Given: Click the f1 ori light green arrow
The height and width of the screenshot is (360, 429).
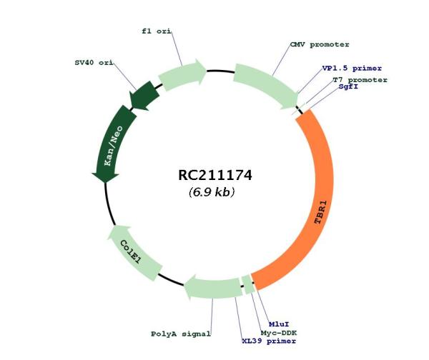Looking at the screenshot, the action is pyautogui.click(x=182, y=74).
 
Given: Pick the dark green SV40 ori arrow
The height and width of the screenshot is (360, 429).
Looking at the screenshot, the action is pyautogui.click(x=144, y=96).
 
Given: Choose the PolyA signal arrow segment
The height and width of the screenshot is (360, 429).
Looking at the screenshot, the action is pyautogui.click(x=213, y=287).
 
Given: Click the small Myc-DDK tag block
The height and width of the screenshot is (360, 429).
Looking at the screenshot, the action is pyautogui.click(x=248, y=284).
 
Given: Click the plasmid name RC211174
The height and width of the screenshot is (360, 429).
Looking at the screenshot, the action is pyautogui.click(x=215, y=175).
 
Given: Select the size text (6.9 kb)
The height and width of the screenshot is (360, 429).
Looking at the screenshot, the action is pyautogui.click(x=212, y=192).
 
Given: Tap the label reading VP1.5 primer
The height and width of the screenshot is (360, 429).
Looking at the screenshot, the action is pyautogui.click(x=352, y=69).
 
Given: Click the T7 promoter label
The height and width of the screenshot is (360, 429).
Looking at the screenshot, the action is pyautogui.click(x=360, y=80).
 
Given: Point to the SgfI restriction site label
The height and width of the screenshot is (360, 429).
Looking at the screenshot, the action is pyautogui.click(x=348, y=86).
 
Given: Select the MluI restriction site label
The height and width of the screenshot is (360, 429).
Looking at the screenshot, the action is pyautogui.click(x=279, y=324).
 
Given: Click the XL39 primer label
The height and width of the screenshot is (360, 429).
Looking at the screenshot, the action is pyautogui.click(x=269, y=341).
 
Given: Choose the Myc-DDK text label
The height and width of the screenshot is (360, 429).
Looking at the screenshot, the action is pyautogui.click(x=279, y=333).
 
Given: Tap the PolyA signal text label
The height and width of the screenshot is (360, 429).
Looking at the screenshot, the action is pyautogui.click(x=181, y=334).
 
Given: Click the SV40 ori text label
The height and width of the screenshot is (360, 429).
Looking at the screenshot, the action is pyautogui.click(x=94, y=63).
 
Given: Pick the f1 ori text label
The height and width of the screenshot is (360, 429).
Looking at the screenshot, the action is pyautogui.click(x=157, y=31).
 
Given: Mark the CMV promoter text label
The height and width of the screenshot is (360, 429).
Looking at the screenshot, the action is pyautogui.click(x=320, y=44).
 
